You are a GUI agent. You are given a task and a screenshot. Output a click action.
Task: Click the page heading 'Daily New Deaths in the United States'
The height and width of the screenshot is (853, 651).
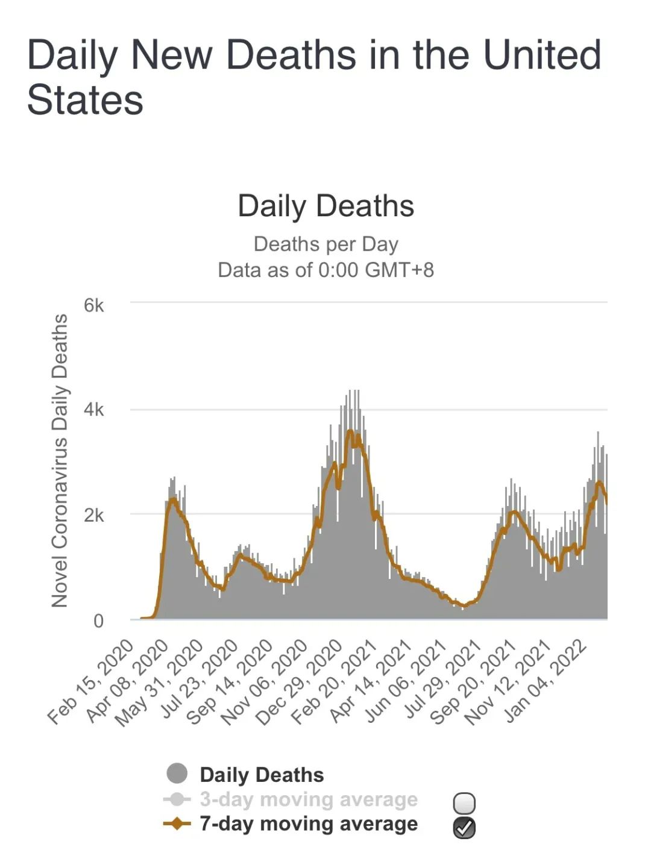pos(313,77)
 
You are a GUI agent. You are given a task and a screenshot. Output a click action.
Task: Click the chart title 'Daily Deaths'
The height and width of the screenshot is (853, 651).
pos(325,206)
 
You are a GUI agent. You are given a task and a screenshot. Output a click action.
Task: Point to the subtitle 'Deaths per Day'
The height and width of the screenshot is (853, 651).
pos(325,244)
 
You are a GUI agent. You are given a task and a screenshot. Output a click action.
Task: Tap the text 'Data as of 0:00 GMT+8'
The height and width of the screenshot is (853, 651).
pos(325,270)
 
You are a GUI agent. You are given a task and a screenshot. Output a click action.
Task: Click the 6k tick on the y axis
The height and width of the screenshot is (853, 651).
pos(94,306)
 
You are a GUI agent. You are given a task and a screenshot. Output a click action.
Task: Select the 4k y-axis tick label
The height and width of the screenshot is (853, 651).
pos(94,410)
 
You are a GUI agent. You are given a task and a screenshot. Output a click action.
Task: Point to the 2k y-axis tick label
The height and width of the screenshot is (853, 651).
pos(94,515)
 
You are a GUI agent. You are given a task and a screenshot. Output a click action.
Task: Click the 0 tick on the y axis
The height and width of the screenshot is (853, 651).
pos(98,620)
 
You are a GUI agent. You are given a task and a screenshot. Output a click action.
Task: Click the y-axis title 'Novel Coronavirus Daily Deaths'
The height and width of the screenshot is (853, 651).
pos(60,461)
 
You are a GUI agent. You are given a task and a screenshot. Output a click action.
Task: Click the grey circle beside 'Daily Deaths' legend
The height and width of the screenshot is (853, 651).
pos(177,773)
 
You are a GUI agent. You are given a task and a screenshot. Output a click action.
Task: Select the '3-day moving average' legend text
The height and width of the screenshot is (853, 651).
pos(309,799)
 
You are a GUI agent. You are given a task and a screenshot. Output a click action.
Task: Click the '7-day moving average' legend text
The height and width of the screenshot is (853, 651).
pos(309,823)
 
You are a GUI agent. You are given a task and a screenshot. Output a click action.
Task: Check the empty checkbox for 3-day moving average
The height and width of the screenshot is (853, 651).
pos(464,803)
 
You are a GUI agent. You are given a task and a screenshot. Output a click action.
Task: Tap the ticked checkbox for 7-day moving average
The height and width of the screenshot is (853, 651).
pos(464,828)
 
